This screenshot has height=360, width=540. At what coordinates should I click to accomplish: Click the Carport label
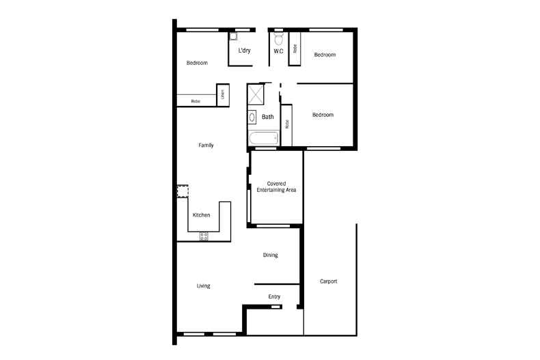pyautogui.click(x=329, y=281)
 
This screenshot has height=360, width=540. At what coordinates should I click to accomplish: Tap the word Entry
pyautogui.click(x=275, y=296)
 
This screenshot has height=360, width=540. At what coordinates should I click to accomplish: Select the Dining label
pyautogui.click(x=271, y=255)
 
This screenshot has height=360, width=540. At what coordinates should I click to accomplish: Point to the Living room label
pyautogui.click(x=203, y=286)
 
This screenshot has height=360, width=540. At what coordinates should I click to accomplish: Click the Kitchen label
pyautogui.click(x=201, y=215)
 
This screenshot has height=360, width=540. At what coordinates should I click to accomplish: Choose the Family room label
pyautogui.click(x=206, y=145)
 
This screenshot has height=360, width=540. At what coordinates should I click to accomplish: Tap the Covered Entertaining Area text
pyautogui.click(x=276, y=187)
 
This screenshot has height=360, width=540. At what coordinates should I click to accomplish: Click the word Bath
pyautogui.click(x=267, y=117)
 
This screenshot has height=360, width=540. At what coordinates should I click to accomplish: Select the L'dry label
pyautogui.click(x=243, y=51)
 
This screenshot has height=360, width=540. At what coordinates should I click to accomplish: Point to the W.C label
pyautogui.click(x=278, y=51)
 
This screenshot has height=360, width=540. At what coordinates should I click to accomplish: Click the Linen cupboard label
pyautogui.click(x=222, y=95)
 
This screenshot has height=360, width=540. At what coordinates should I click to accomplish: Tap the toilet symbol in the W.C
pyautogui.click(x=278, y=39)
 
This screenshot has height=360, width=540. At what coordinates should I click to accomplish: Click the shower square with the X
pyautogui.click(x=255, y=94)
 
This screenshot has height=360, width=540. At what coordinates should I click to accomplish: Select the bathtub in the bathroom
pyautogui.click(x=262, y=139)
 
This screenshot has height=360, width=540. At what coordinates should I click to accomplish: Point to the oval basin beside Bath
pyautogui.click(x=252, y=117)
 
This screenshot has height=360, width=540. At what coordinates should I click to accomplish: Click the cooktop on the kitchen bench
pyautogui.click(x=204, y=236)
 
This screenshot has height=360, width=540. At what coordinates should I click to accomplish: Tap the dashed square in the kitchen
pyautogui.click(x=183, y=191)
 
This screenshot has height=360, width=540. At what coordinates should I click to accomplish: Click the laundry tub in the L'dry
pyautogui.click(x=232, y=37)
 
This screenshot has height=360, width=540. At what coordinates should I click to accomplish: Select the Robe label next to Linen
pyautogui.click(x=195, y=101)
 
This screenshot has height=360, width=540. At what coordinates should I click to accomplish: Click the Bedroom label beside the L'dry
pyautogui.click(x=197, y=63)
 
